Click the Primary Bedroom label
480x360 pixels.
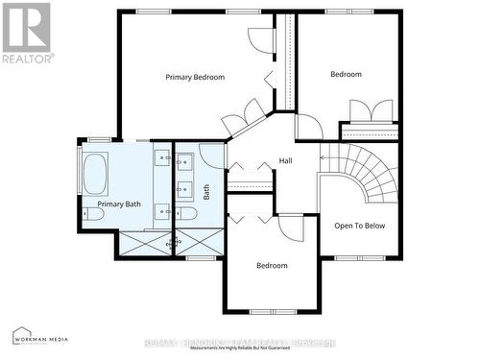(195, 77)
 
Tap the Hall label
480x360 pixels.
(285, 160)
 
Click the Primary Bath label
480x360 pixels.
(119, 204)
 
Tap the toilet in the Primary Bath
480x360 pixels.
(93, 215)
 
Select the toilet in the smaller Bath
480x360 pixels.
(188, 213)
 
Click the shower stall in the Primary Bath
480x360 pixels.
(143, 244)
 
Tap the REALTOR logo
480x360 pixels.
(26, 33)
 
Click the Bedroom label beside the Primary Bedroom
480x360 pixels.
(346, 74)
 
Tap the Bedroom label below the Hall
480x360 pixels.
(272, 266)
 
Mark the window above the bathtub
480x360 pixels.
(99, 140)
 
